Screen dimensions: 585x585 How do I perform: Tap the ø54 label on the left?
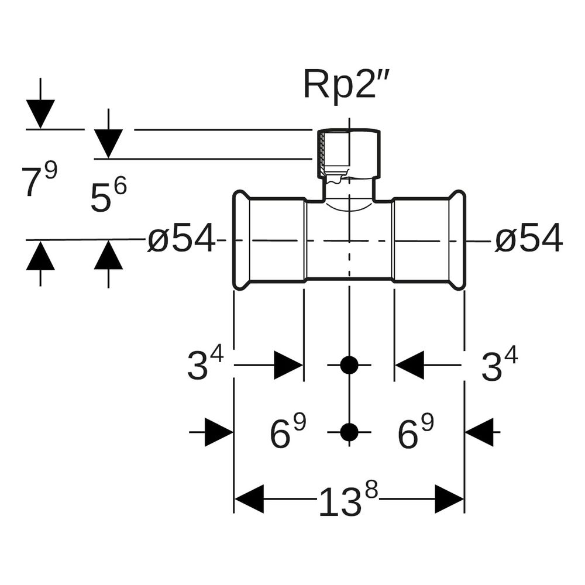coord(182,238)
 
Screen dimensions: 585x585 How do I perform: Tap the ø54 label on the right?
coord(528,238)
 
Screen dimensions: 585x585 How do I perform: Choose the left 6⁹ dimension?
coord(288,431)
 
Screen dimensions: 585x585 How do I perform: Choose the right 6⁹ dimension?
coord(415,431)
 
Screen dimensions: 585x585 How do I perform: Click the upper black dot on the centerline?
coord(349,365)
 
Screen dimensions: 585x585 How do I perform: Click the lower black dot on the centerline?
coord(349,432)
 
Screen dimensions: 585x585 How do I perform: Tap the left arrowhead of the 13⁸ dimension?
coord(249,499)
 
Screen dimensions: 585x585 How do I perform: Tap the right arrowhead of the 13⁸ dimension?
coord(449,499)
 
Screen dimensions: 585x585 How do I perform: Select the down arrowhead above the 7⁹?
coord(40,114)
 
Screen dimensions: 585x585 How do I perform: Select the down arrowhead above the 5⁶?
coord(108,144)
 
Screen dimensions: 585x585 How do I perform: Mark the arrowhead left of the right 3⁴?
coord(409,365)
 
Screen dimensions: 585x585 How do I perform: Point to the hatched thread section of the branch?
coord(322,153)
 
